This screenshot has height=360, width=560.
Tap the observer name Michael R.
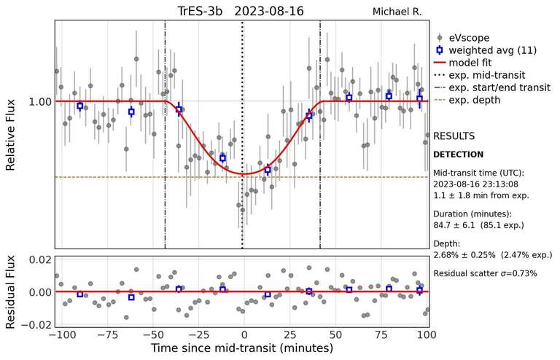pos(397,12)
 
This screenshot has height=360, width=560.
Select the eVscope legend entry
pos(469,37)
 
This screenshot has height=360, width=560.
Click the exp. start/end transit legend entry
pos(499,87)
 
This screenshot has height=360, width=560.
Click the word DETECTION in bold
pos(458,154)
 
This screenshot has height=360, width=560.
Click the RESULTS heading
pos(454,136)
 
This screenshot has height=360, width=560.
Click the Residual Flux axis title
pos(11,291)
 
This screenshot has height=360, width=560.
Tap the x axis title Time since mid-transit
pos(243,350)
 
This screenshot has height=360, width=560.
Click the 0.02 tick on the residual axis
pos(39,259)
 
